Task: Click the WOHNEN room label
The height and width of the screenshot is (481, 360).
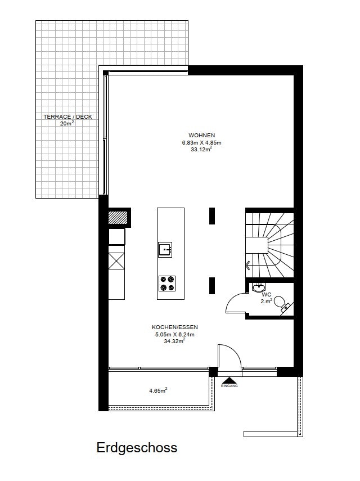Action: click(x=201, y=135)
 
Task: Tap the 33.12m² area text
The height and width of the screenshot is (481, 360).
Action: click(x=201, y=150)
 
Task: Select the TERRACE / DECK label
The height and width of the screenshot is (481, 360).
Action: click(x=67, y=117)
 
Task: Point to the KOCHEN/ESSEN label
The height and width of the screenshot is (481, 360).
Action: click(x=175, y=327)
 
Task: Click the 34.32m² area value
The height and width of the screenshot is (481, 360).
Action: click(x=175, y=341)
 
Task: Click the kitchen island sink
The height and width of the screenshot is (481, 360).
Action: click(x=165, y=250)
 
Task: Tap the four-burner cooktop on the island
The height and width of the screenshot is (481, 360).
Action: click(x=167, y=284)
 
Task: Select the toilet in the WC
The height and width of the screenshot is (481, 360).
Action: click(x=283, y=304)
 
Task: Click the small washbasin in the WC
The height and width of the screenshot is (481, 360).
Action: click(x=259, y=287)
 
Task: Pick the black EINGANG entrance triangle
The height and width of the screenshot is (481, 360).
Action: click(x=229, y=381)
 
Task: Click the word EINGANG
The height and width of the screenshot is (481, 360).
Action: click(x=229, y=386)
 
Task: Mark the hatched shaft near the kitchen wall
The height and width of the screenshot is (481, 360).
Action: click(x=118, y=218)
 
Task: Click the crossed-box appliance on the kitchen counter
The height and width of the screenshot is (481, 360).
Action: click(x=117, y=262)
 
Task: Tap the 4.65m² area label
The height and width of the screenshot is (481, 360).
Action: click(x=158, y=390)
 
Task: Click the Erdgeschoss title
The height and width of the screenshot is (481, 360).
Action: click(x=137, y=448)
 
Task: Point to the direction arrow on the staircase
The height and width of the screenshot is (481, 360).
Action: click(x=247, y=265)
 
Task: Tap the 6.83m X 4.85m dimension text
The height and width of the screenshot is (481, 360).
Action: click(x=201, y=143)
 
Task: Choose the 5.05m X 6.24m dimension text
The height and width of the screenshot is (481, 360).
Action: click(x=175, y=334)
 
